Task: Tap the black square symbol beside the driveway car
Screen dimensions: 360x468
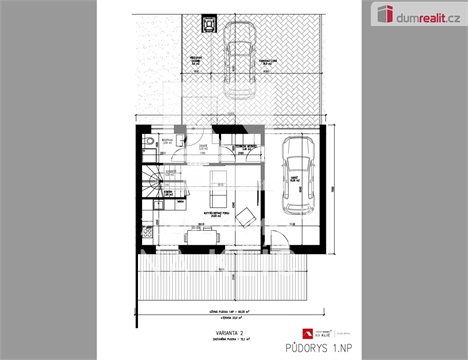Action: point(208,22)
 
